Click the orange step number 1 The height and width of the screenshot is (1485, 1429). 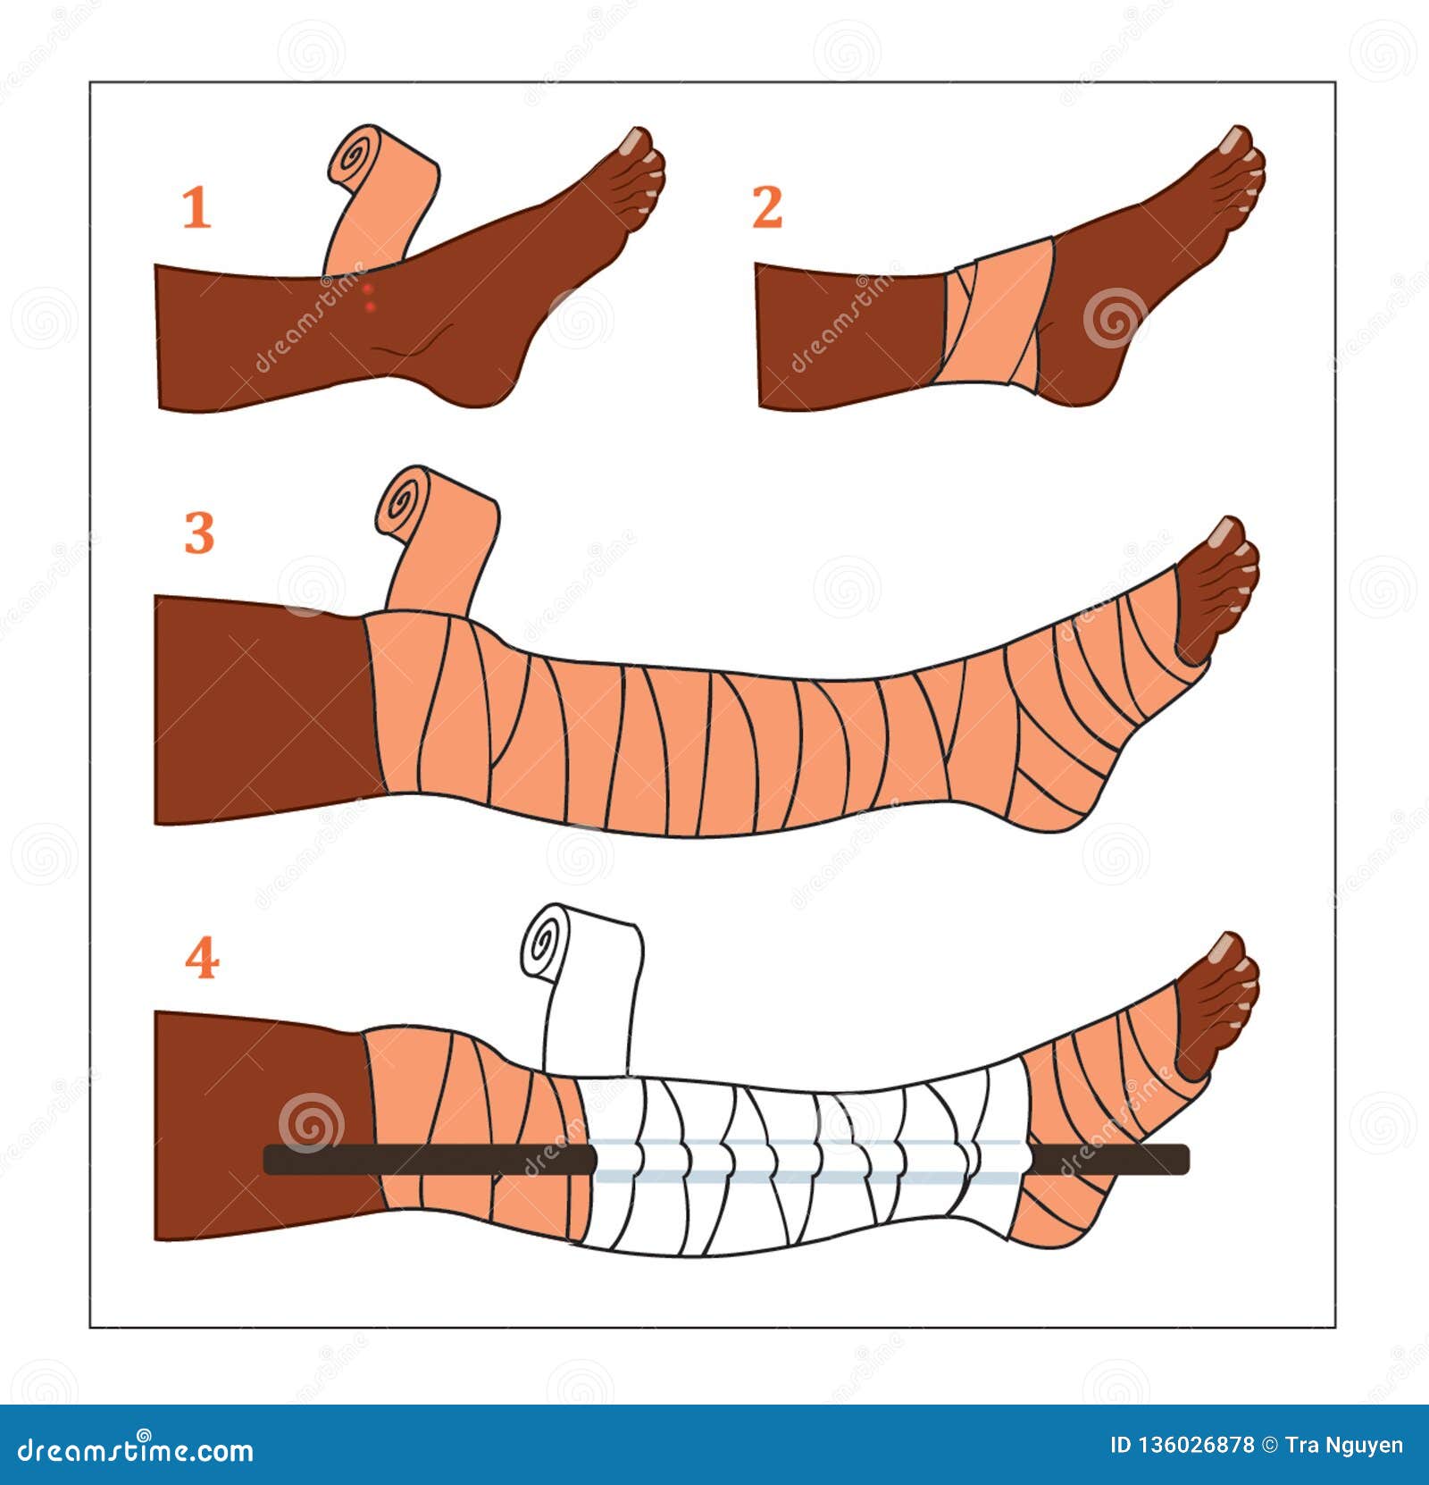(x=196, y=208)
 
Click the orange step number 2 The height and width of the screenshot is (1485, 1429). (x=767, y=207)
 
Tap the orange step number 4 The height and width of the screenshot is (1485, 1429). (x=202, y=959)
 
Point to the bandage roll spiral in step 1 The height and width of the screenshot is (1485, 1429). (x=355, y=158)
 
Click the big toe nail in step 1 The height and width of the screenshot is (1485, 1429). (x=637, y=139)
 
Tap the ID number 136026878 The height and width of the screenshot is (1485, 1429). (x=1193, y=1445)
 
